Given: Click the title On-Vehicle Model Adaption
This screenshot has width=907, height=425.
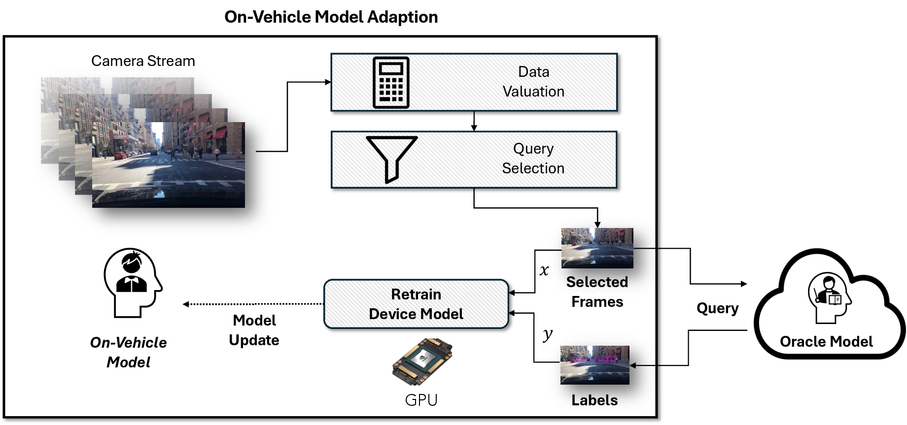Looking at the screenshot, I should point(331,17).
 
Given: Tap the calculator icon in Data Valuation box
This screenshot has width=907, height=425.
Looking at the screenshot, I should point(391,82).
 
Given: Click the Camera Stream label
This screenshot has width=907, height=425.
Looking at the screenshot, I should point(143,61).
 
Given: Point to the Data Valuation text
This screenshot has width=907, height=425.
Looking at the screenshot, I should point(533,82).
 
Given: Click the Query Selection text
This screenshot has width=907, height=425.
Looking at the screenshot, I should point(533,159).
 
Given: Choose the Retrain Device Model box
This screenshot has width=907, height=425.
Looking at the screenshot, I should point(416,304).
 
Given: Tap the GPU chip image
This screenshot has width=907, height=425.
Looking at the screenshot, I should point(422,361).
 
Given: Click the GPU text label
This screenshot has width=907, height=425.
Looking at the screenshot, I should point(421,400).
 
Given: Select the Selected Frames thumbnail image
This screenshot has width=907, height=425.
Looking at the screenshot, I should point(597,248).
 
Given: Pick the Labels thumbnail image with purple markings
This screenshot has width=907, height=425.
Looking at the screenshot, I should point(594,365).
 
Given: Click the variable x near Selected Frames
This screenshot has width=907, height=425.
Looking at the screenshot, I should point(544,270).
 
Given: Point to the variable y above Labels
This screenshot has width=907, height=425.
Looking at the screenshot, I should point(547,335).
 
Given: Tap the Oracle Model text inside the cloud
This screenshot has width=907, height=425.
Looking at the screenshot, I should point(826,341).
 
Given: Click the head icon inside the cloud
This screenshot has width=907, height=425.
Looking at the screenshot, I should point(830,297).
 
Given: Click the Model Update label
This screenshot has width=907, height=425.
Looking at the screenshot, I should point(254,330).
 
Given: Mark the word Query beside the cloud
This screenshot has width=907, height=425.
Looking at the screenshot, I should point(717,308).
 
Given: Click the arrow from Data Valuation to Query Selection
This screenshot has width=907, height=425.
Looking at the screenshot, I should point(474,121).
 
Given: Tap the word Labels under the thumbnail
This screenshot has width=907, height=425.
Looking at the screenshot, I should point(594,400).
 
